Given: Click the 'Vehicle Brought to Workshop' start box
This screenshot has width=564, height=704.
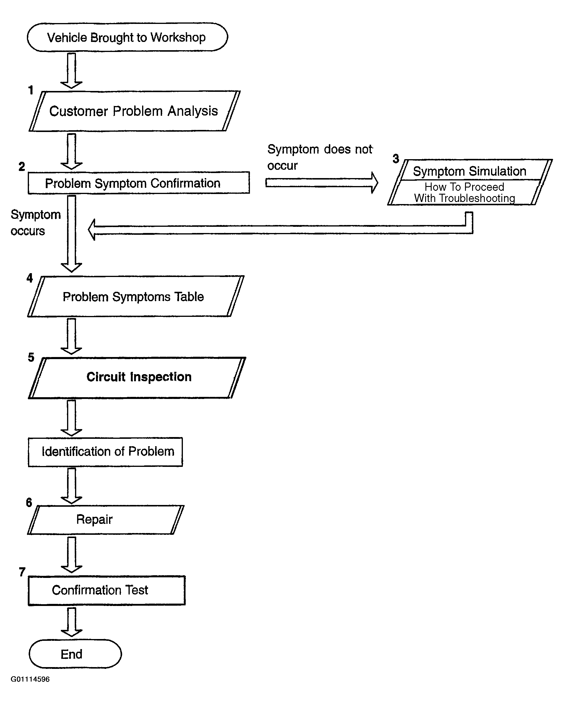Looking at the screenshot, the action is (127, 37).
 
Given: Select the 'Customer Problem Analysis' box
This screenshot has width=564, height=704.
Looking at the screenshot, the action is (135, 111).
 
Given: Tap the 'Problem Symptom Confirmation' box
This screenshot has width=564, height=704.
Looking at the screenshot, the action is (139, 183).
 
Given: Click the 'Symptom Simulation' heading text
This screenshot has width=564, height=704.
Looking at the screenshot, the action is (469, 171).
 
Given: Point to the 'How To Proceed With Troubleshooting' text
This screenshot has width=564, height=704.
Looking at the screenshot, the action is (464, 192).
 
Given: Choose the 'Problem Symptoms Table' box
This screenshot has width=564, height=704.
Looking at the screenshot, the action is (136, 296).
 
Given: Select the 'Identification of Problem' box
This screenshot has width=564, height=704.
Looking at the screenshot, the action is (105, 452).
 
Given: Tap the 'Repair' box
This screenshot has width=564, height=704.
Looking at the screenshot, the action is (105, 519).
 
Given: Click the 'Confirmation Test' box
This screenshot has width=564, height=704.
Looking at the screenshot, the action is (107, 590).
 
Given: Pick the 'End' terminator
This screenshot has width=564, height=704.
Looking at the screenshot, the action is (75, 654).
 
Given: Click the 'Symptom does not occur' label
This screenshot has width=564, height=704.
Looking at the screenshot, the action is (320, 157).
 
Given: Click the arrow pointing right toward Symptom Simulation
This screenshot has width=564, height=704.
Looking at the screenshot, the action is (321, 182).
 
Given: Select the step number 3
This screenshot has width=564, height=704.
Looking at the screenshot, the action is (396, 159).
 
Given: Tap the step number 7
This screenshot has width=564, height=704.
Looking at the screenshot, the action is (22, 572).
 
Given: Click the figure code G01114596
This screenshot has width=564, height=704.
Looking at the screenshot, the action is (30, 679).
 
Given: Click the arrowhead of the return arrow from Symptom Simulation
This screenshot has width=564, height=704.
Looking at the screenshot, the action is (92, 229).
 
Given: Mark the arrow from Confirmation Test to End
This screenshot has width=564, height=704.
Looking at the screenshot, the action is (71, 622).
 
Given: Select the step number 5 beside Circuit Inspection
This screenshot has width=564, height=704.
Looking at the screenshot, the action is (31, 357).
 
